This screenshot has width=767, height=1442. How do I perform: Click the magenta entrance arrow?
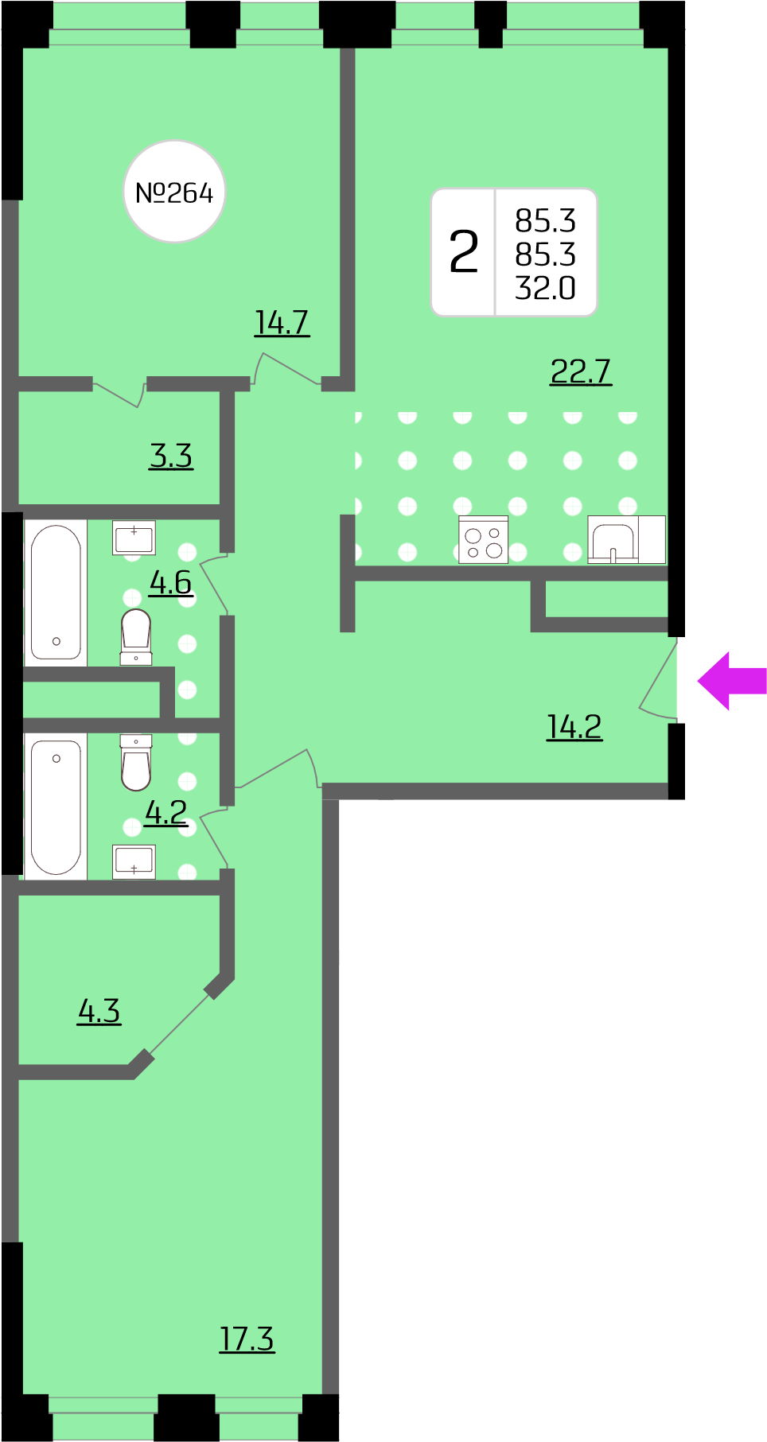point(732,681)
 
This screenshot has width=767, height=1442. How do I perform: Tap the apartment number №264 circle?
point(174,192)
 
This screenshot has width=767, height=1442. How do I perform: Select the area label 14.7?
point(282,323)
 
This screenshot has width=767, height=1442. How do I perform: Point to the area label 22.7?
point(581,371)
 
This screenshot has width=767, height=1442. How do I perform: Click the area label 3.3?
point(171,456)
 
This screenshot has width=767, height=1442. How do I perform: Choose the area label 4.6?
point(171,582)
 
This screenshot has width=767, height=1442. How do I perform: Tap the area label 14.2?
point(574,726)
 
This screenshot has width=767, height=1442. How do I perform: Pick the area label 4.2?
point(166,812)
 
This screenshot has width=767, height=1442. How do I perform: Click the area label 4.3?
point(99,1011)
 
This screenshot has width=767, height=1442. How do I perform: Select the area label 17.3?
point(247,1339)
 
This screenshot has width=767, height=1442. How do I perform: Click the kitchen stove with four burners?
point(484,540)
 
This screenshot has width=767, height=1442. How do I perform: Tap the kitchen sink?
point(613,540)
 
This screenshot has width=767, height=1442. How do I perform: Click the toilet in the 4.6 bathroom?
point(136,636)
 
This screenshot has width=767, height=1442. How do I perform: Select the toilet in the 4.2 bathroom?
point(136,762)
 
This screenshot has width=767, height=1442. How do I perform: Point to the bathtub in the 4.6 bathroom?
point(56,593)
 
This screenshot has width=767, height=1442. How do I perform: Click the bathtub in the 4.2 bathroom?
point(56,807)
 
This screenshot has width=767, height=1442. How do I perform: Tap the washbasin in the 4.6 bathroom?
point(134,538)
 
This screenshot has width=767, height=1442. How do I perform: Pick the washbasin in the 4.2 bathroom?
point(134,861)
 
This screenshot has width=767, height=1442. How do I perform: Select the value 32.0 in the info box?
point(545,288)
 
